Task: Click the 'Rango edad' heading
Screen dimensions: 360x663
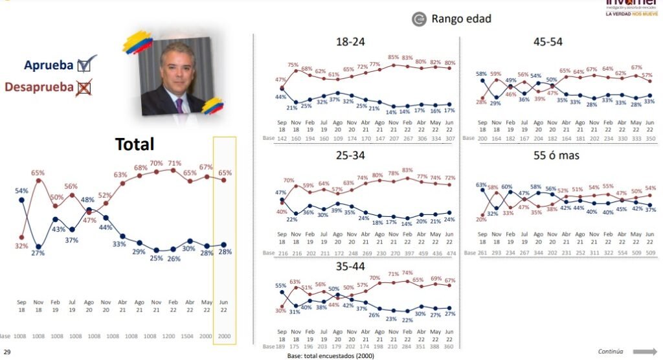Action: (462, 19)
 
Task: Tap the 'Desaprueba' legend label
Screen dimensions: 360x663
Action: (38, 87)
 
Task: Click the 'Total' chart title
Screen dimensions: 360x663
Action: (135, 144)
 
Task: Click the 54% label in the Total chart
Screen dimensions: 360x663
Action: (21, 191)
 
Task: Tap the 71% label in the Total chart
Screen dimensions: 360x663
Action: (174, 163)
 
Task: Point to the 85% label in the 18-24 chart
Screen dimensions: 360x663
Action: (392, 58)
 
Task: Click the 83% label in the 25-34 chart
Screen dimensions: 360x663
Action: (407, 170)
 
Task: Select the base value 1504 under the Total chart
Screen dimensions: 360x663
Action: (188, 336)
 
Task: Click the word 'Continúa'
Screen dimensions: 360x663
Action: (611, 352)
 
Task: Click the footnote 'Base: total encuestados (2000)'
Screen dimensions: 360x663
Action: (330, 355)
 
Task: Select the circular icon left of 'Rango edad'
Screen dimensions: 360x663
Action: (419, 19)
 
